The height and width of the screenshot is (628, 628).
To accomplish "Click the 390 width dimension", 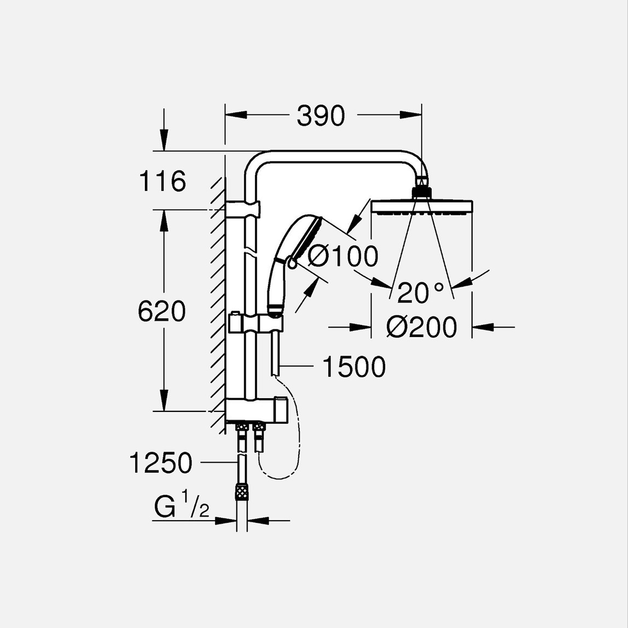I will (x=321, y=116).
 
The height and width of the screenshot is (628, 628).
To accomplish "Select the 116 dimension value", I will (x=162, y=181).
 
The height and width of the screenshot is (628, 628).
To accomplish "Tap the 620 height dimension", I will (x=161, y=312).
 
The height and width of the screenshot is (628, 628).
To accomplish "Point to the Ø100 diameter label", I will (x=343, y=256).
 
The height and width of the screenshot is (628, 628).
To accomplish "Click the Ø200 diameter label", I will (x=421, y=328).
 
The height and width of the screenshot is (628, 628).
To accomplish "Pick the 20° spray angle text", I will (x=420, y=293).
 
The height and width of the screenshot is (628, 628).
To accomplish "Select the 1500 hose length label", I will (x=354, y=367).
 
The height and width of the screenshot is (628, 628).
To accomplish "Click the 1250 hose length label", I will (x=160, y=463).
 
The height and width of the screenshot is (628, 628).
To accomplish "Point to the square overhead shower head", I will (x=421, y=206).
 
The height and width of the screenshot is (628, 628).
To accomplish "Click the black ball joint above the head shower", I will (x=421, y=192).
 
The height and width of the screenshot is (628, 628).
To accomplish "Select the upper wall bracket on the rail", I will (x=244, y=208).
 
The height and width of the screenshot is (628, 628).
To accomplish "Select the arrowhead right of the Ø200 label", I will (x=484, y=327).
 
